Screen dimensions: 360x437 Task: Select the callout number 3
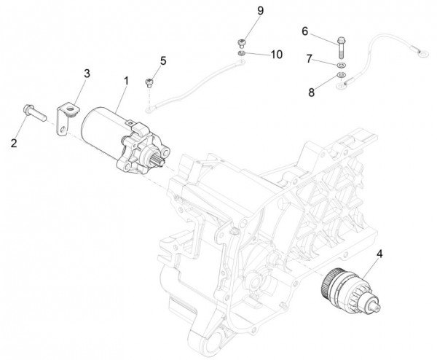click(x=87, y=74)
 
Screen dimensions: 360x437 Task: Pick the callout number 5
click(x=163, y=60)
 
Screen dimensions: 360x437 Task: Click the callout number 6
click(x=305, y=31)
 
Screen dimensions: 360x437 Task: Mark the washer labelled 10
click(x=240, y=52)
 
